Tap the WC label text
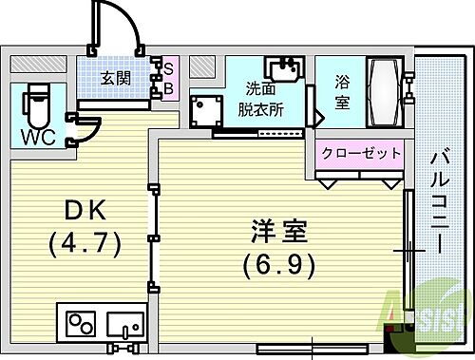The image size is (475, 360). coord(38,136)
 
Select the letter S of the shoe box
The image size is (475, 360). coord(167,68)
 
